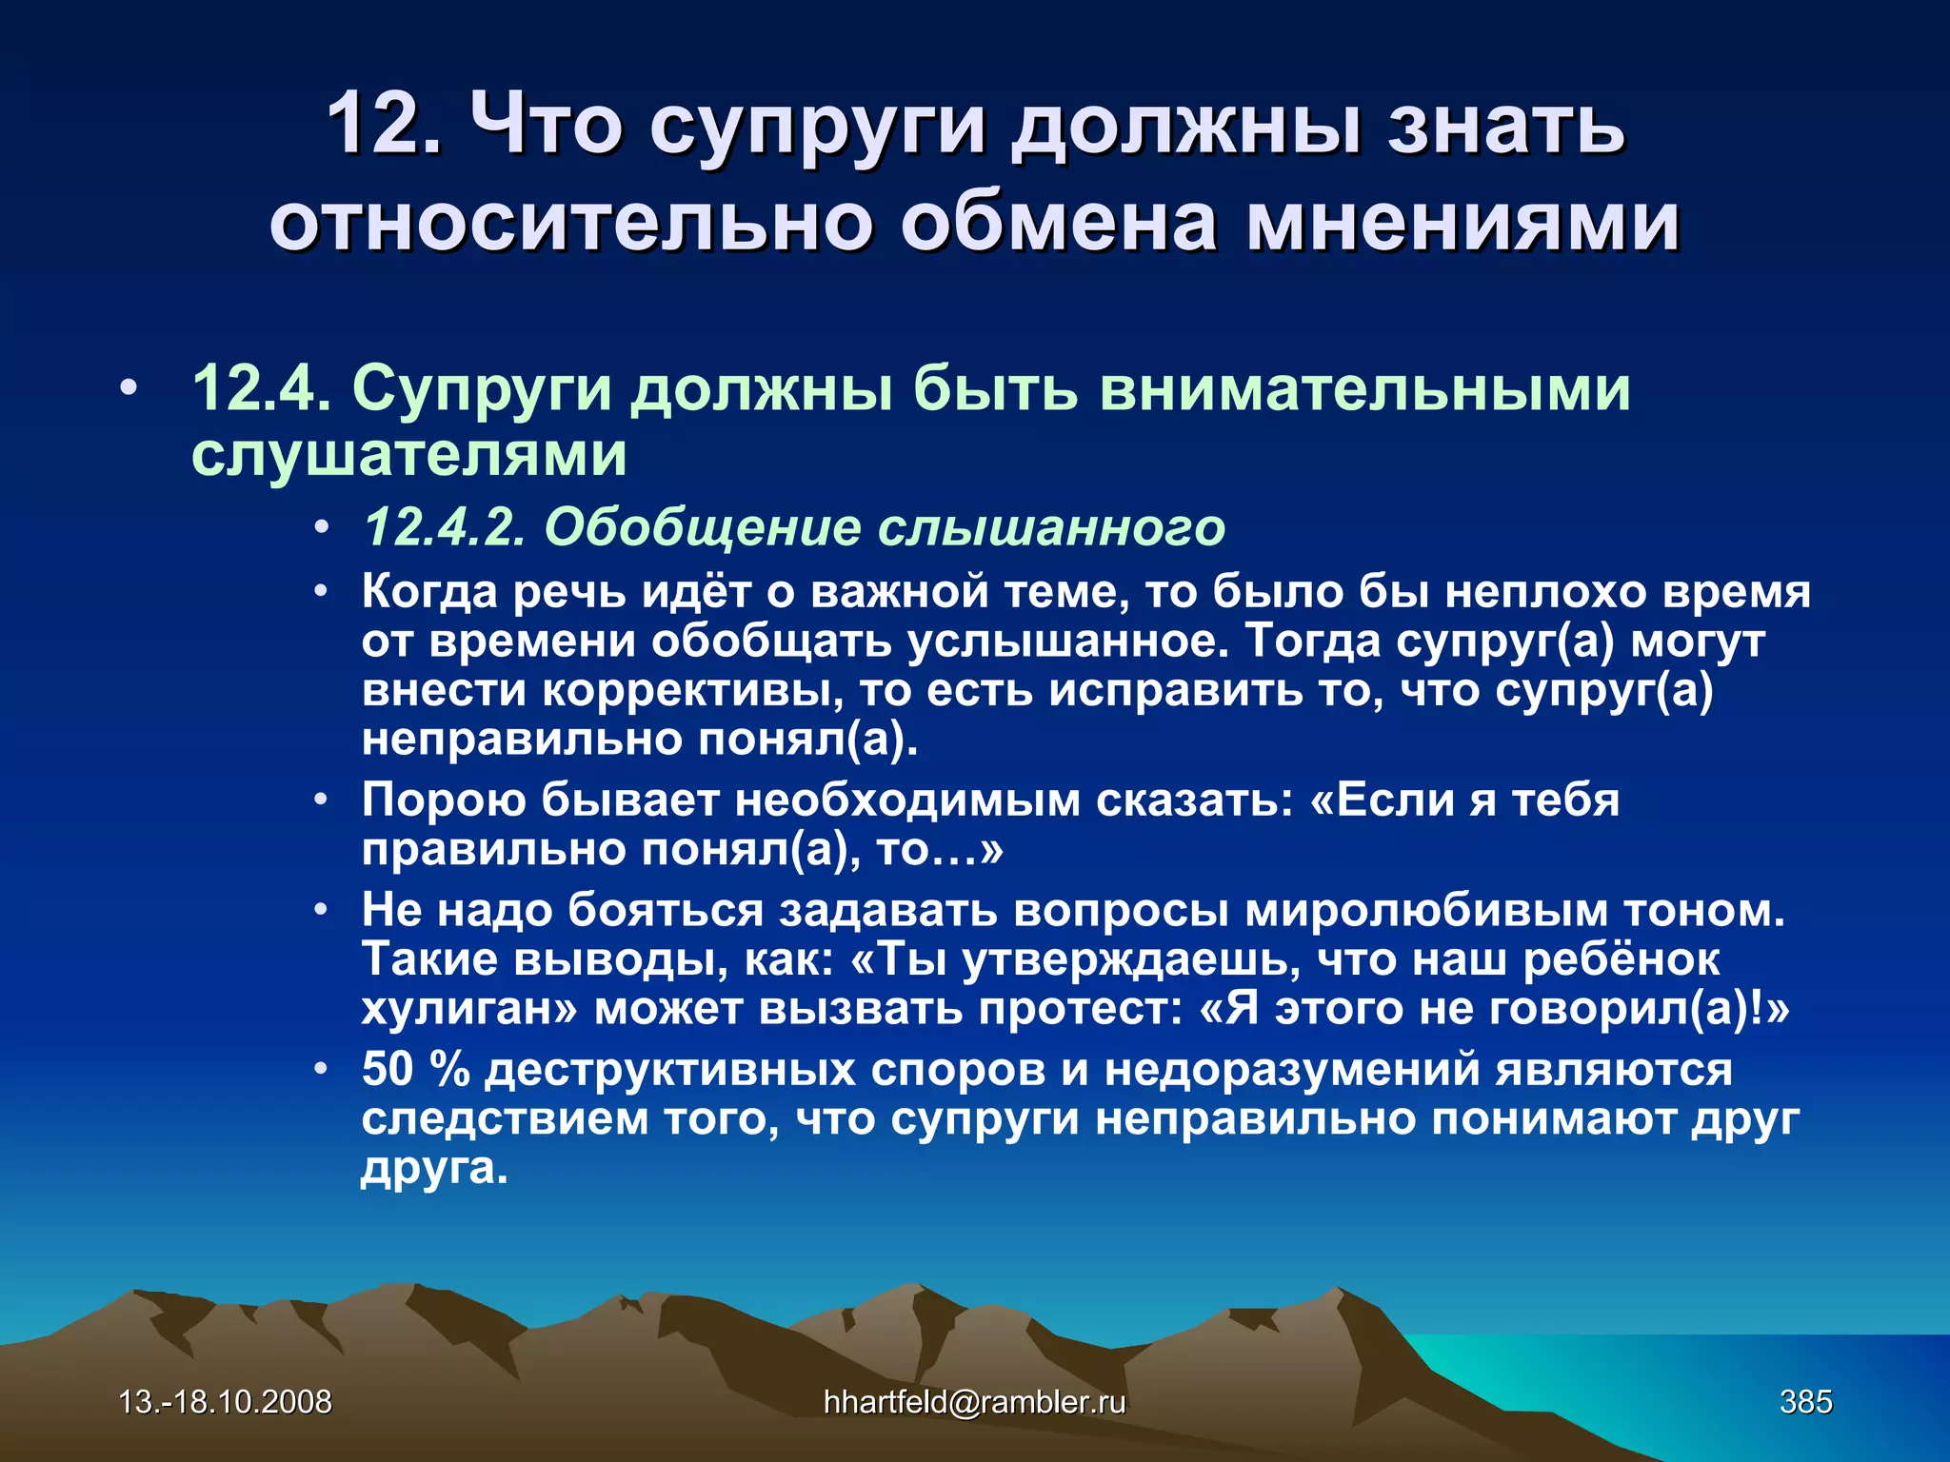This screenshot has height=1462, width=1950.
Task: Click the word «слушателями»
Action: click(409, 454)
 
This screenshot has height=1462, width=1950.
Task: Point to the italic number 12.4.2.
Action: click(445, 526)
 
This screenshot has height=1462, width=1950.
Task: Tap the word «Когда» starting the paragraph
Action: click(429, 592)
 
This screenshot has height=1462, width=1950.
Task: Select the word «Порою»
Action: click(443, 800)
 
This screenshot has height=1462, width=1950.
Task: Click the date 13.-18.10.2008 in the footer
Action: click(225, 1402)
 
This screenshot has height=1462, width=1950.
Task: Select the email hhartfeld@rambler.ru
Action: click(974, 1402)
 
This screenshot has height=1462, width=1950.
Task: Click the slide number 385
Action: click(1805, 1402)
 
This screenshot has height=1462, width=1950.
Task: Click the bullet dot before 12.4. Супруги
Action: click(129, 389)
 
